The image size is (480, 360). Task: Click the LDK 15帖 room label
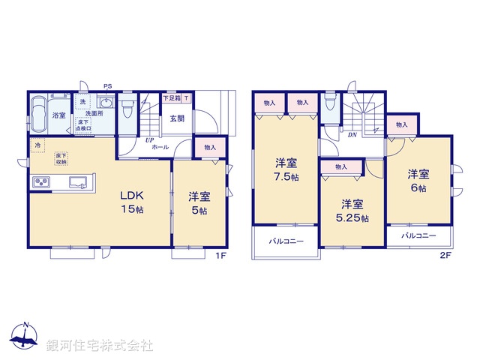132,202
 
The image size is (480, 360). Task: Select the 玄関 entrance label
176,118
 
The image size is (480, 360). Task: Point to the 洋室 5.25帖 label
353,211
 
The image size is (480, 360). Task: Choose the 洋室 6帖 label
418,181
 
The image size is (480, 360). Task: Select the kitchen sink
78,181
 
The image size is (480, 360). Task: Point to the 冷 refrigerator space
35,145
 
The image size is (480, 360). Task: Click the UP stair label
149,139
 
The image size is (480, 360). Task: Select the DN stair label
352,135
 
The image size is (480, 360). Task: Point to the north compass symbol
25,338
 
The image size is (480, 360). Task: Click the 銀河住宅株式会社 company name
100,346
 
